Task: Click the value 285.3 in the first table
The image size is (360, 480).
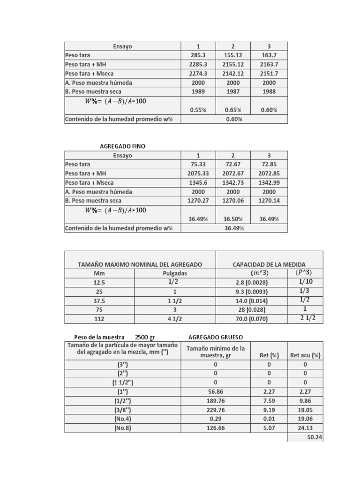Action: (x=198, y=55)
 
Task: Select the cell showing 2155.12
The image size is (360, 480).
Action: (x=233, y=64)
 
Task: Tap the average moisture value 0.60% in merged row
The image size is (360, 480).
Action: (x=233, y=119)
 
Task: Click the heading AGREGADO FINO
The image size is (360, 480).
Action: (x=123, y=146)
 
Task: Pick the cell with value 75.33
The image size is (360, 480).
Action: (x=198, y=165)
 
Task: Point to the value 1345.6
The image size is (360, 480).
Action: (x=198, y=183)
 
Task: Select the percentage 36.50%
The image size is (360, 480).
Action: (x=233, y=218)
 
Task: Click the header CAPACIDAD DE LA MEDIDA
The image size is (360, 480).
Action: (x=269, y=264)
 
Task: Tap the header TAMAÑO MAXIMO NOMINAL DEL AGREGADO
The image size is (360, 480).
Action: (x=140, y=264)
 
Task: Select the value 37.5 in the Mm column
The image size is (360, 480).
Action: (x=99, y=300)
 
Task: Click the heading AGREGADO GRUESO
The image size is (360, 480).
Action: (x=215, y=337)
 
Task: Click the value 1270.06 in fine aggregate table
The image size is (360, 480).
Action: (x=233, y=201)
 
